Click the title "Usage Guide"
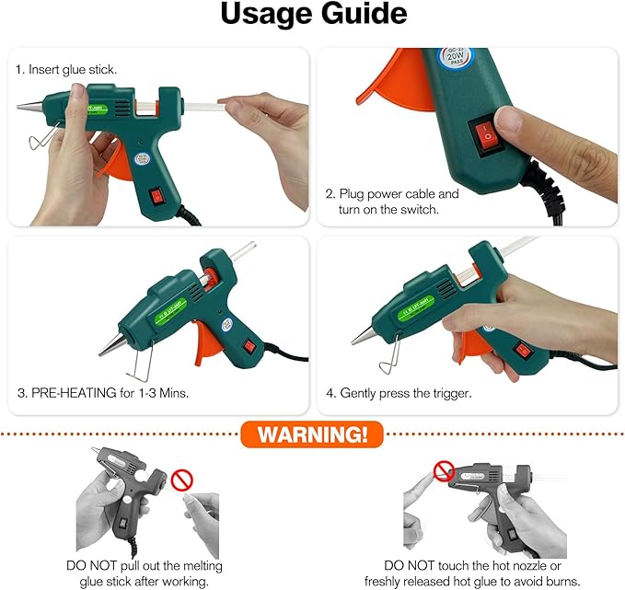[312, 16]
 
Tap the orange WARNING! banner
[311, 434]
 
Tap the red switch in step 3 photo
[249, 349]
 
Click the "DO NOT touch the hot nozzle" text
[472, 566]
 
